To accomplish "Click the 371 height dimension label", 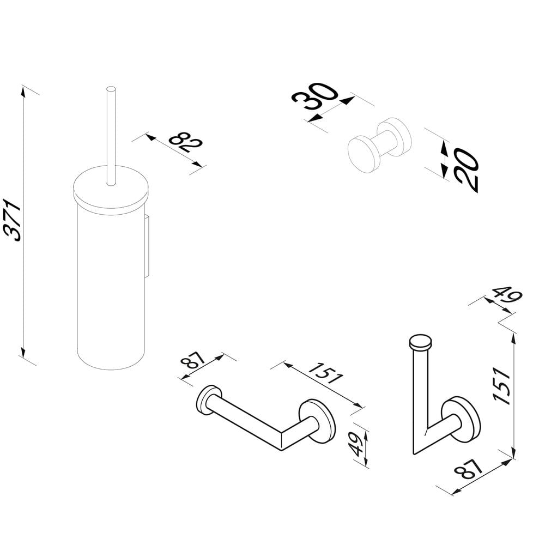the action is coord(13,220).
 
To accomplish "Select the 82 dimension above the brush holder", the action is coord(186,142).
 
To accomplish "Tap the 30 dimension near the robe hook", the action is coord(314,96).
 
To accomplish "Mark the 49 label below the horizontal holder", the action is coord(356,444).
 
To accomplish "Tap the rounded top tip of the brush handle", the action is coord(111,89).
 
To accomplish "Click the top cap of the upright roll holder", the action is coord(421,342).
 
